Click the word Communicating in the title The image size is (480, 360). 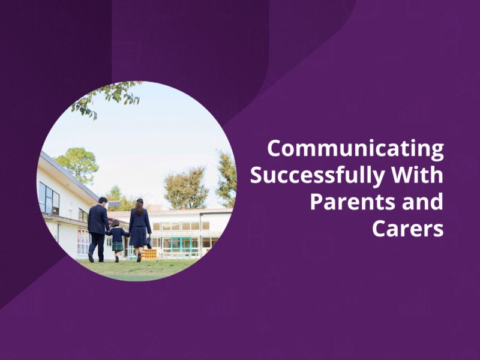[x=355, y=149]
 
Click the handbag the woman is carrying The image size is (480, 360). [x=148, y=242]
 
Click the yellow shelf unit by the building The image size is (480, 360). [x=151, y=253]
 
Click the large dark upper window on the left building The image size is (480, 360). [x=49, y=198]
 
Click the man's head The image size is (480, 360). [x=102, y=201]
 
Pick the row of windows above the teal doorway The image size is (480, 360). [x=181, y=226]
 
